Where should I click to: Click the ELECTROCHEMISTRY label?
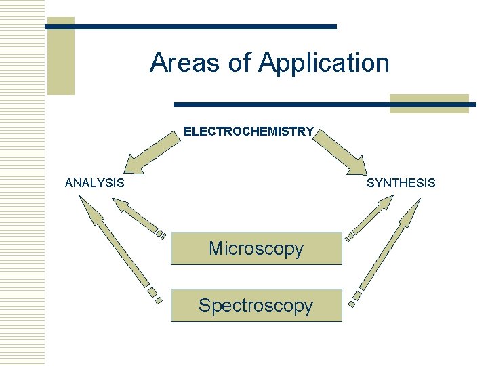pos(249,131)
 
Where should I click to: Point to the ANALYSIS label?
pos(94,182)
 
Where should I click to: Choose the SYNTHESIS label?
pos(401,182)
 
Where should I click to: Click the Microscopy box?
pos(256,248)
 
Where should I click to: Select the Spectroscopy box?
pos(256,305)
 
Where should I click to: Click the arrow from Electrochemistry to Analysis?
pos(150,152)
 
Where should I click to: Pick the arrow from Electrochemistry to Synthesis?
pos(341,152)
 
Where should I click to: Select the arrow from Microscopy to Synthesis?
pos(369,217)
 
